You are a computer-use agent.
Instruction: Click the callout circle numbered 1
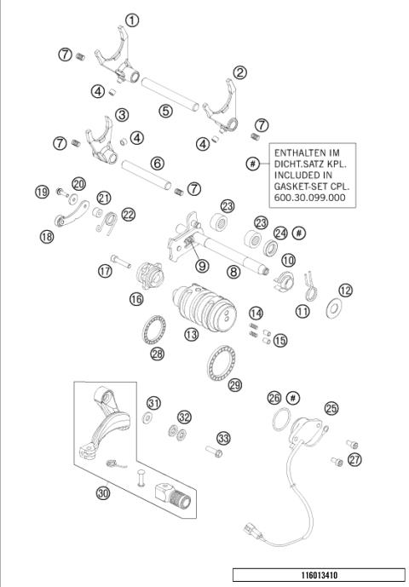[131, 20]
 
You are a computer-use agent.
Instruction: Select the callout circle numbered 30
[103, 493]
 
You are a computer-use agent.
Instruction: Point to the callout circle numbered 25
[331, 408]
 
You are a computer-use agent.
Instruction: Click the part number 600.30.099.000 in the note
[309, 195]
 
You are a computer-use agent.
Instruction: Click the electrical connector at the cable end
[253, 527]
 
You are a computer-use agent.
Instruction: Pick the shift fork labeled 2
[222, 107]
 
